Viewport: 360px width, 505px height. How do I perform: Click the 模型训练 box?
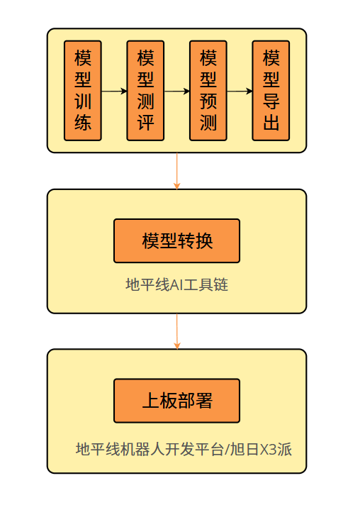coord(83,91)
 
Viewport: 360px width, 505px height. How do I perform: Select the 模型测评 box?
coord(145,91)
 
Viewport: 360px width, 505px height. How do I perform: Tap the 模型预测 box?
coord(208,91)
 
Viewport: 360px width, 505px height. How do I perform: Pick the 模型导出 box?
coord(271,91)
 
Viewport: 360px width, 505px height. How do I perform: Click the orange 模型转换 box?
coord(176,241)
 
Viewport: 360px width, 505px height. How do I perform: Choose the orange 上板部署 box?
coord(176,401)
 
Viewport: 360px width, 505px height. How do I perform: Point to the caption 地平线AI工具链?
coord(176,285)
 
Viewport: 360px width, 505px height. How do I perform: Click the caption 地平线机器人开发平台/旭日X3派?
coord(184,449)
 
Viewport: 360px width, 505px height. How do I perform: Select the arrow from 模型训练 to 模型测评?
coord(114,91)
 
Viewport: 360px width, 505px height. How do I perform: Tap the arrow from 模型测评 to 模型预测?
coord(176,91)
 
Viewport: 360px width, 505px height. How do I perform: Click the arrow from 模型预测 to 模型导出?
coord(240,91)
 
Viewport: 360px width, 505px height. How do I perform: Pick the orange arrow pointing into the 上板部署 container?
coord(176,331)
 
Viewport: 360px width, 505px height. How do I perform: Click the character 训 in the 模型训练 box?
coord(83,101)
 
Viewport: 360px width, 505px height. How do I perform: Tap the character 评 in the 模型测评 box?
coord(145,123)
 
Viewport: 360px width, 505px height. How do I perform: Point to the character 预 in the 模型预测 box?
coord(208,101)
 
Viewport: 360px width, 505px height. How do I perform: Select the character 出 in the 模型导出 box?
coord(271,123)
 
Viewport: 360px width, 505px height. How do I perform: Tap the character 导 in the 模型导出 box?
coord(271,101)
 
